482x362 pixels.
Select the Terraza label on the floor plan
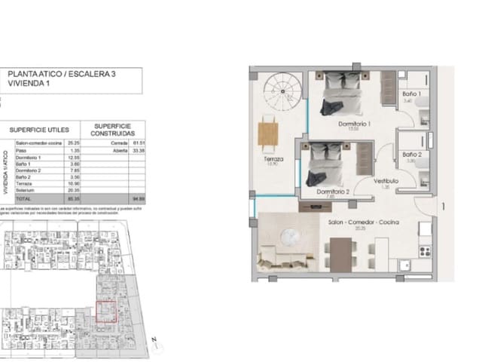tap(273, 160)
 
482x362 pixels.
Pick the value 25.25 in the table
tap(74, 142)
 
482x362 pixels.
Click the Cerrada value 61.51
tap(137, 142)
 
